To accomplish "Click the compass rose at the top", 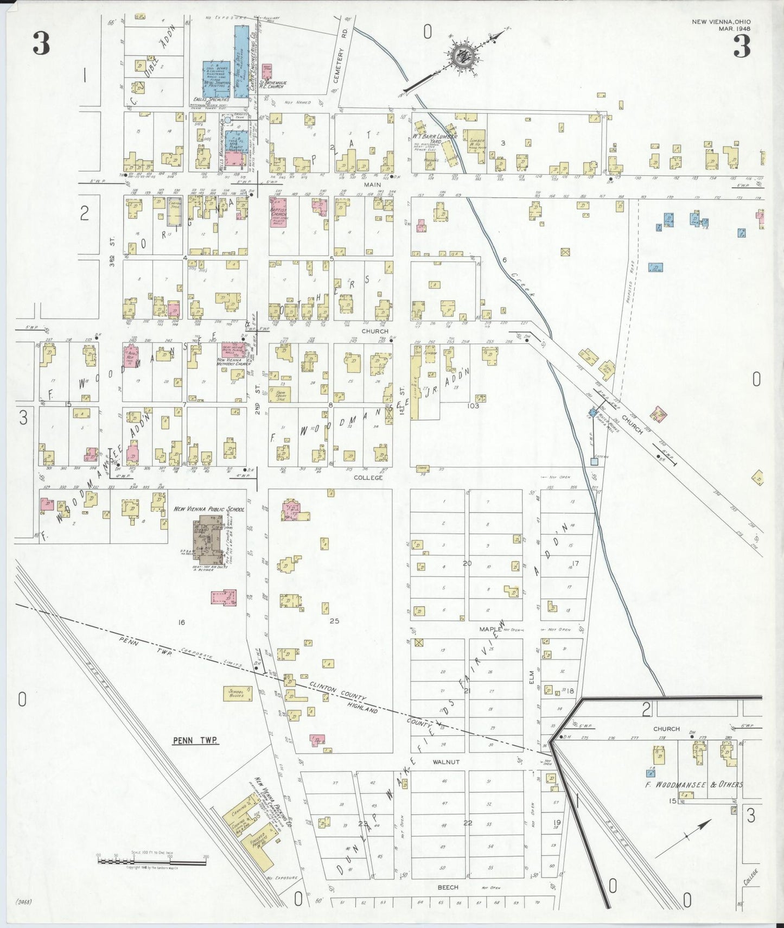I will click(x=463, y=55).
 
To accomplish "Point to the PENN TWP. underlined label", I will click(x=195, y=740).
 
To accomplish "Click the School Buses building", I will click(x=237, y=694).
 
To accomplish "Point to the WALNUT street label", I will click(x=446, y=762).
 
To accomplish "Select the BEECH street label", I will click(x=448, y=887).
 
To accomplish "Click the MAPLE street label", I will click(x=490, y=629).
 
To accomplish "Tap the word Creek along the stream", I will click(x=522, y=284).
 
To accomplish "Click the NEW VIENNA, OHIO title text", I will click(x=721, y=22).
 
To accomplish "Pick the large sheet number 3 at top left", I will click(x=41, y=44).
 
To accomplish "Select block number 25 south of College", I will click(x=334, y=621).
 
